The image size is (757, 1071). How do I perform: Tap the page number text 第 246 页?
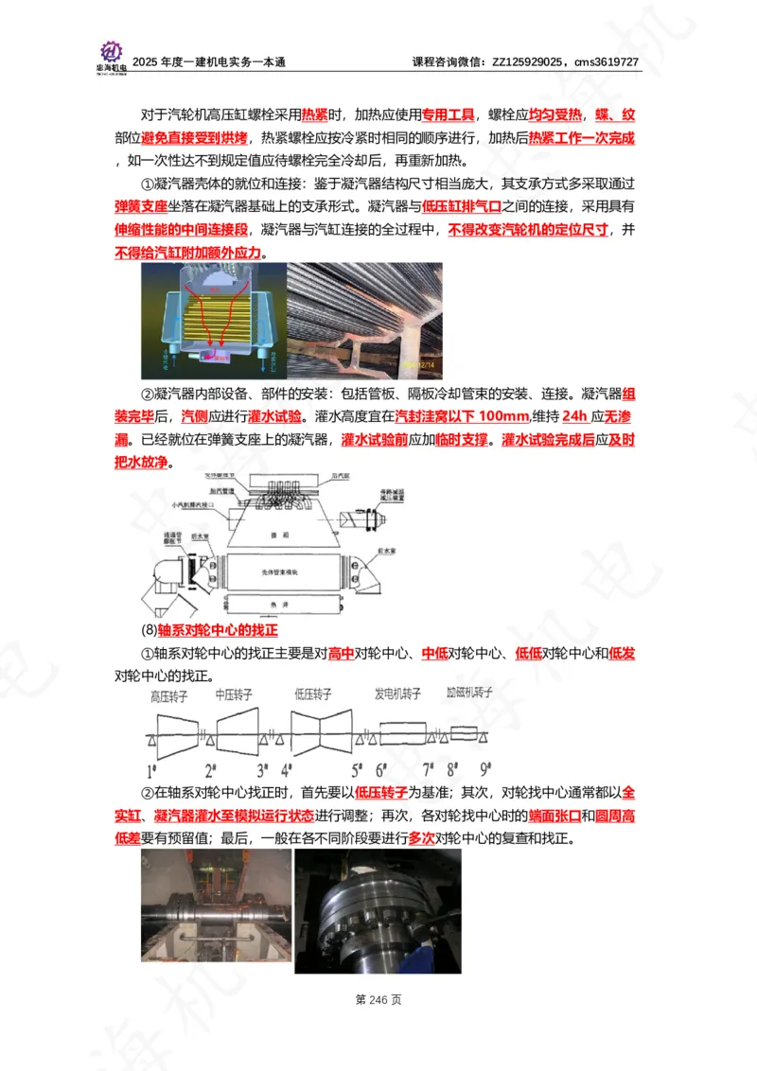pyautogui.click(x=378, y=999)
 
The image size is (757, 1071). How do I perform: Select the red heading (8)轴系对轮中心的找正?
pyautogui.click(x=209, y=630)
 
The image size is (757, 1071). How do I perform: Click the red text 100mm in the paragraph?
pyautogui.click(x=501, y=417)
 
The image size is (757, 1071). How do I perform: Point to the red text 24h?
pyautogui.click(x=574, y=417)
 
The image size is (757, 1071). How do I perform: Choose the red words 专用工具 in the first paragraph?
pyautogui.click(x=448, y=115)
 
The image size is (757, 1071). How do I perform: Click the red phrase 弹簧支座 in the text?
pyautogui.click(x=141, y=205)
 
